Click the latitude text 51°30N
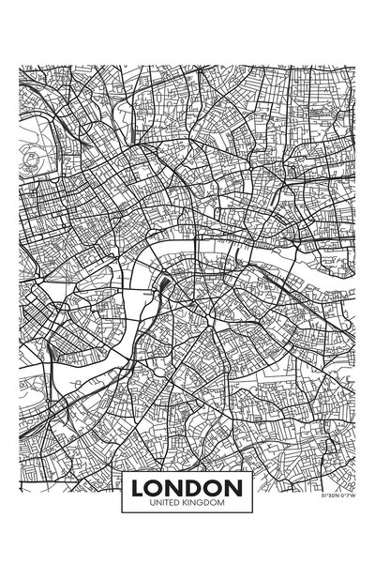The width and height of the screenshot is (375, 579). click(x=329, y=494)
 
